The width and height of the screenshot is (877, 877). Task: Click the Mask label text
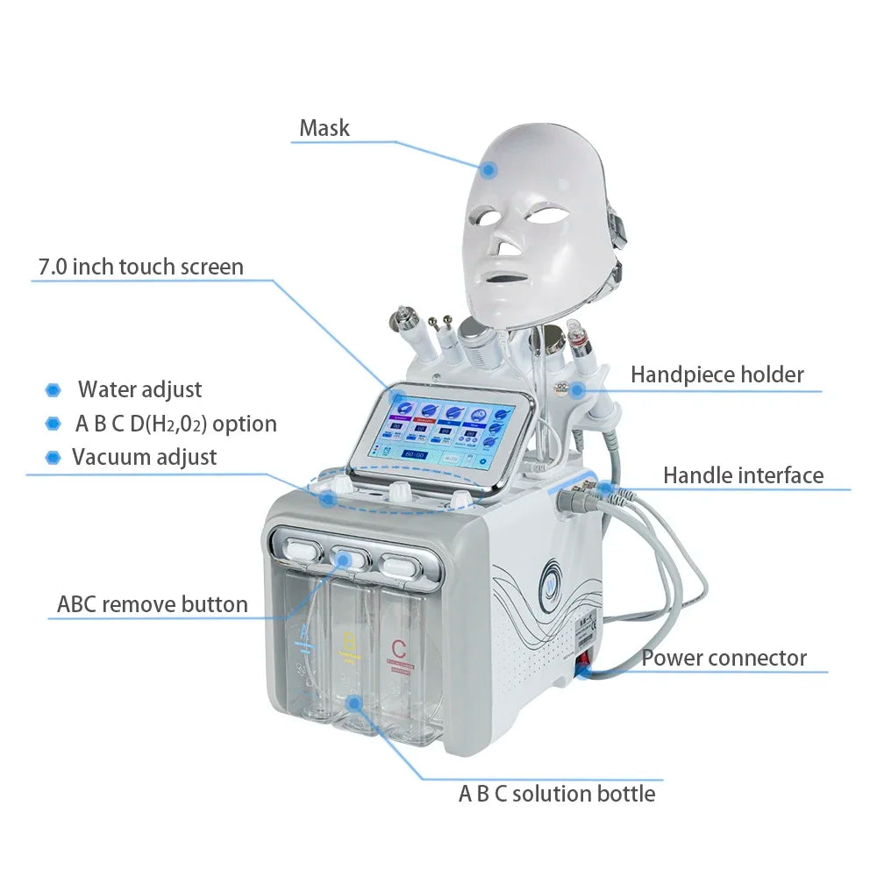pyautogui.click(x=324, y=128)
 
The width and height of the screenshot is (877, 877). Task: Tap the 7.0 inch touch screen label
pyautogui.click(x=141, y=267)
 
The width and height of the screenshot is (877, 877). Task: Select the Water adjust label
pyautogui.click(x=140, y=389)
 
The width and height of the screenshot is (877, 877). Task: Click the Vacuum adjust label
pyautogui.click(x=145, y=457)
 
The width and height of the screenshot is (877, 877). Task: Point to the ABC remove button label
pyautogui.click(x=153, y=604)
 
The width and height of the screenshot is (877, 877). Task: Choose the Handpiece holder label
pyautogui.click(x=717, y=374)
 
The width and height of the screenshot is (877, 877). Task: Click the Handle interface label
pyautogui.click(x=743, y=475)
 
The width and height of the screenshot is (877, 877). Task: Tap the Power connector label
pyautogui.click(x=724, y=658)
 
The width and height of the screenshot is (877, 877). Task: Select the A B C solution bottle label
pyautogui.click(x=557, y=794)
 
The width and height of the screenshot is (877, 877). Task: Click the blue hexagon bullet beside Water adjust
pyautogui.click(x=53, y=389)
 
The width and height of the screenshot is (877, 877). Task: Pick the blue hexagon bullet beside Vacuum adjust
pyautogui.click(x=53, y=457)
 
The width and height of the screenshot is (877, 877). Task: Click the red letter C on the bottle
pyautogui.click(x=399, y=651)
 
